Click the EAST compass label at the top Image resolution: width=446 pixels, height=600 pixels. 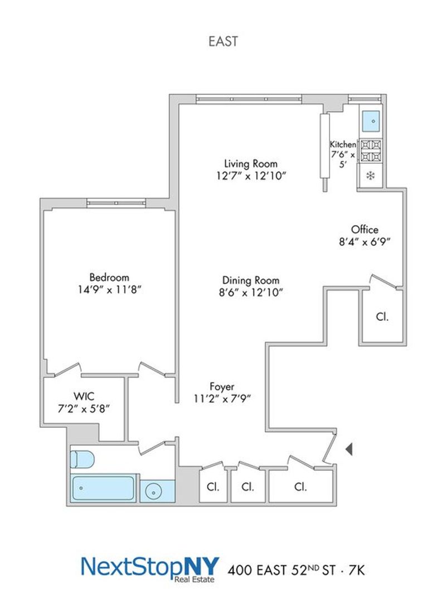(x=223, y=41)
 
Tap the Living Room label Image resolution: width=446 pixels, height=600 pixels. (x=250, y=164)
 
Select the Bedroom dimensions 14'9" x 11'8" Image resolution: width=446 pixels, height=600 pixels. (x=110, y=289)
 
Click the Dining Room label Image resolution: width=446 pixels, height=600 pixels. (x=250, y=280)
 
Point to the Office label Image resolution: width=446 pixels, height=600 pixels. (x=365, y=230)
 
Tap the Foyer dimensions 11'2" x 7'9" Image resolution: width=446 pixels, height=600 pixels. (x=222, y=399)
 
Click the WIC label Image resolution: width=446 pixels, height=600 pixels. (x=84, y=396)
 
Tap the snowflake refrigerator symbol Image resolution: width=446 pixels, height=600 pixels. (x=370, y=176)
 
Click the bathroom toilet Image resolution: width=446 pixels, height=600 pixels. (x=83, y=459)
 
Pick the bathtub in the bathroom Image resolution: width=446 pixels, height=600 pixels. (x=103, y=488)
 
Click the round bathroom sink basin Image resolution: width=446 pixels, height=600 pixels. (x=154, y=492)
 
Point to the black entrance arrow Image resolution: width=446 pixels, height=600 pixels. (x=349, y=449)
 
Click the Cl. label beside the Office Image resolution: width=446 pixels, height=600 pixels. (x=382, y=317)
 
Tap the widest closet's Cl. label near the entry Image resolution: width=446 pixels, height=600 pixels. (x=300, y=487)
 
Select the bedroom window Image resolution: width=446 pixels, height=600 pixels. (x=117, y=203)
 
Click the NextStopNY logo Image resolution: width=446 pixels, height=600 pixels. (x=150, y=569)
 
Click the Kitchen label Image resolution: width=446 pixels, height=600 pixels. (x=343, y=144)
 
